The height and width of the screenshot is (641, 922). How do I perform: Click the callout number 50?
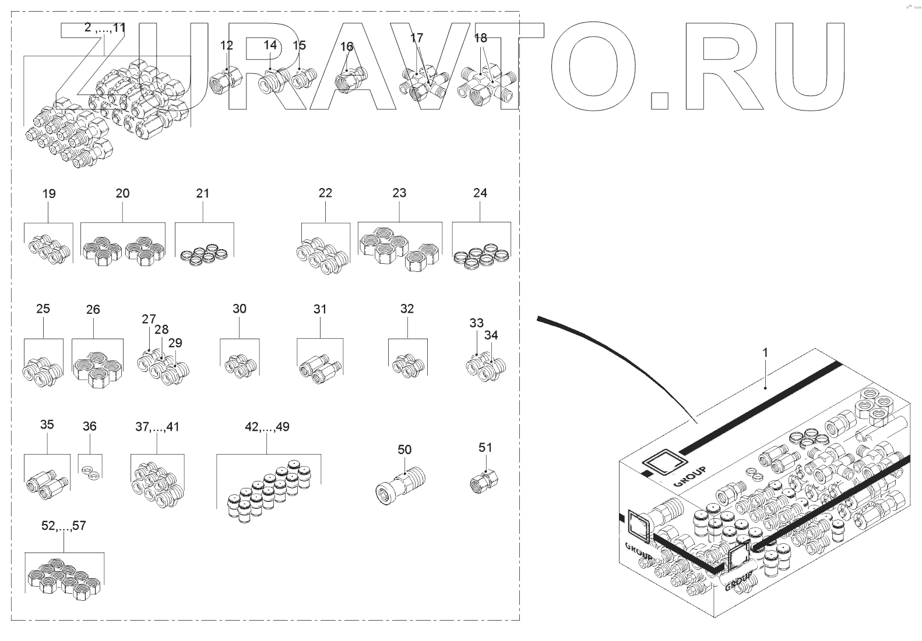[x=404, y=449]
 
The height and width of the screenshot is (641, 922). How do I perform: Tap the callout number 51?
[x=485, y=447]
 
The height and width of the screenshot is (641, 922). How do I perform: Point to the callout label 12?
[x=226, y=45]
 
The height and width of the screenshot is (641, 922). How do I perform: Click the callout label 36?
[x=89, y=426]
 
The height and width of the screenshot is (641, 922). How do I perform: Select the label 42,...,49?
[x=267, y=427]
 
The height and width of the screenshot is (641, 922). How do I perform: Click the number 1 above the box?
[x=765, y=353]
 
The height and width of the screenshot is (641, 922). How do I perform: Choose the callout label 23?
[x=399, y=193]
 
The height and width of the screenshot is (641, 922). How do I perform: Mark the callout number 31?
[x=320, y=309]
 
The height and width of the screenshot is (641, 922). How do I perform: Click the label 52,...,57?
[x=64, y=526]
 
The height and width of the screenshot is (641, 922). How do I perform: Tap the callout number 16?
[x=346, y=47]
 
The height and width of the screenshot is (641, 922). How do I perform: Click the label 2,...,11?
[x=104, y=27]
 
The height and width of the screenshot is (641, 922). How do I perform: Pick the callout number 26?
[x=93, y=310]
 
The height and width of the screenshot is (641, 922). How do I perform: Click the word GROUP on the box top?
[x=689, y=476]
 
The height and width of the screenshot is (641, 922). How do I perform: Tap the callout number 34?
[x=491, y=335]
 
